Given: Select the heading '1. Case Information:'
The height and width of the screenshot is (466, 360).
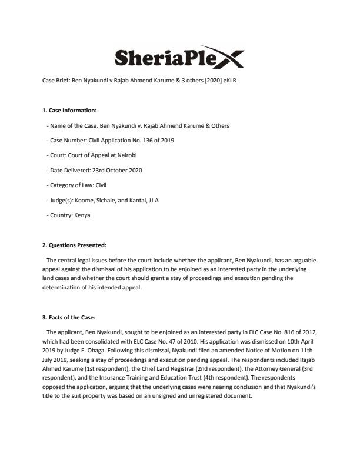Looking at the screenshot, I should coord(69,110).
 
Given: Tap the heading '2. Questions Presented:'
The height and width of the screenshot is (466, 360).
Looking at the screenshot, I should coord(74,245).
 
